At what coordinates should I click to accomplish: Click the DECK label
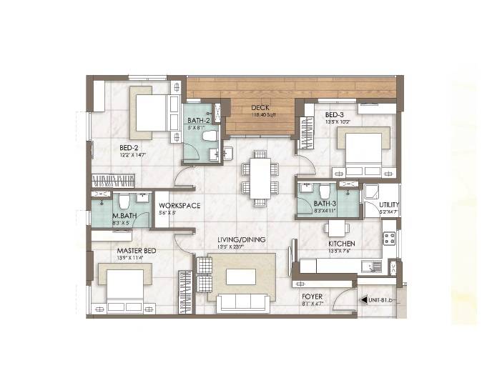point(258,109)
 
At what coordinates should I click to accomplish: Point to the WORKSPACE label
point(179,206)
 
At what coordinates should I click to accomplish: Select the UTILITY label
point(389,205)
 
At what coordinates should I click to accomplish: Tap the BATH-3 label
point(324,204)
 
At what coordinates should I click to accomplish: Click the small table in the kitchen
point(336,229)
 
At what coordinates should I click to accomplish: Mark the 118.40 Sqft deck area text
point(258,116)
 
